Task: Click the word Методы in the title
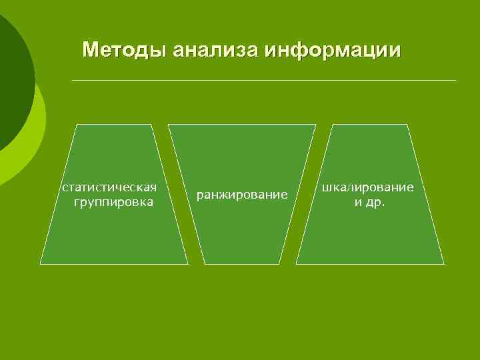click(x=125, y=50)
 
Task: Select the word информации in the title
click(x=333, y=50)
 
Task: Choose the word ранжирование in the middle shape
click(x=241, y=195)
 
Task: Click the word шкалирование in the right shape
click(x=368, y=187)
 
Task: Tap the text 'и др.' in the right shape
click(x=369, y=201)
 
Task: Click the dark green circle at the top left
click(x=10, y=73)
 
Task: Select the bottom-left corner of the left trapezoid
click(x=41, y=263)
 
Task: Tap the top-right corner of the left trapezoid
click(x=152, y=125)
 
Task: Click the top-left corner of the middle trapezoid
click(x=168, y=125)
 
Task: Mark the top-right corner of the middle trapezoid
click(x=315, y=125)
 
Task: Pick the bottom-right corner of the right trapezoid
click(x=443, y=263)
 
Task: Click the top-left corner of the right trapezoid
click(x=332, y=125)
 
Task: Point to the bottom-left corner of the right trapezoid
click(x=297, y=263)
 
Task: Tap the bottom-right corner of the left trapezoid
click(x=188, y=263)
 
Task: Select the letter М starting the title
click(x=90, y=50)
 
